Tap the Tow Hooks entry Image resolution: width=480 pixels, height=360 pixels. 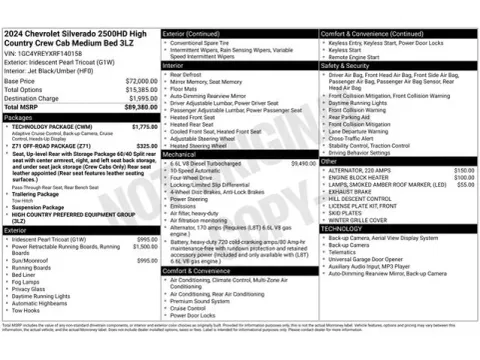[28, 310]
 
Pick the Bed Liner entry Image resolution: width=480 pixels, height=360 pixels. [28, 274]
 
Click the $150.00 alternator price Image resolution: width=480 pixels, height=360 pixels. [464, 171]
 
